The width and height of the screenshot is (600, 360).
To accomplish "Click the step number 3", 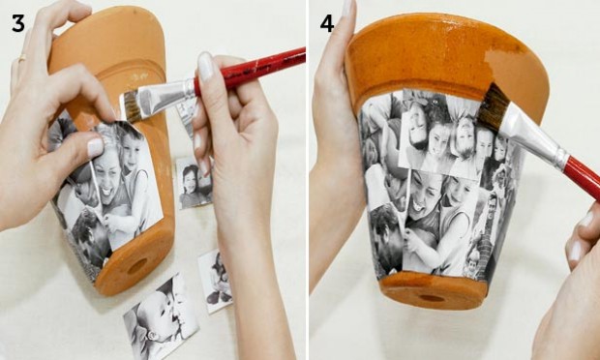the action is coord(18,23).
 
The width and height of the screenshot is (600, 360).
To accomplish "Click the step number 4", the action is coord(327,23).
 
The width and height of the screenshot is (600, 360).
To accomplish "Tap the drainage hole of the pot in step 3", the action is coord(137,266).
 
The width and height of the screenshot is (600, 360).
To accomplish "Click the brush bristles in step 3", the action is coord(131,105).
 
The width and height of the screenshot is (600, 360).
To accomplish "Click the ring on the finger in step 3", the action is coord(22,58).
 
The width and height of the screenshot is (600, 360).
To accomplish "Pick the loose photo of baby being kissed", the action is coord(161,317).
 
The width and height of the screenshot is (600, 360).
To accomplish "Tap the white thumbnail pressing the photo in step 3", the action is coord(95,148).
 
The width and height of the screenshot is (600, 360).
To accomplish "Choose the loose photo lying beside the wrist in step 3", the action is coord(215,281).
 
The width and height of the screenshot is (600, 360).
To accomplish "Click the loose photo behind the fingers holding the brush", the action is coord(195,182).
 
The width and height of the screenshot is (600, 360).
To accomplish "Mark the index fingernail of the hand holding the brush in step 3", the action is coord(205,66).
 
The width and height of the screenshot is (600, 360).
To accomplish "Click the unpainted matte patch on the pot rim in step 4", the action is coord(509,66).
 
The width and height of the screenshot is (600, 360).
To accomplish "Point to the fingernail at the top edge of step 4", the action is coord(347,8).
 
